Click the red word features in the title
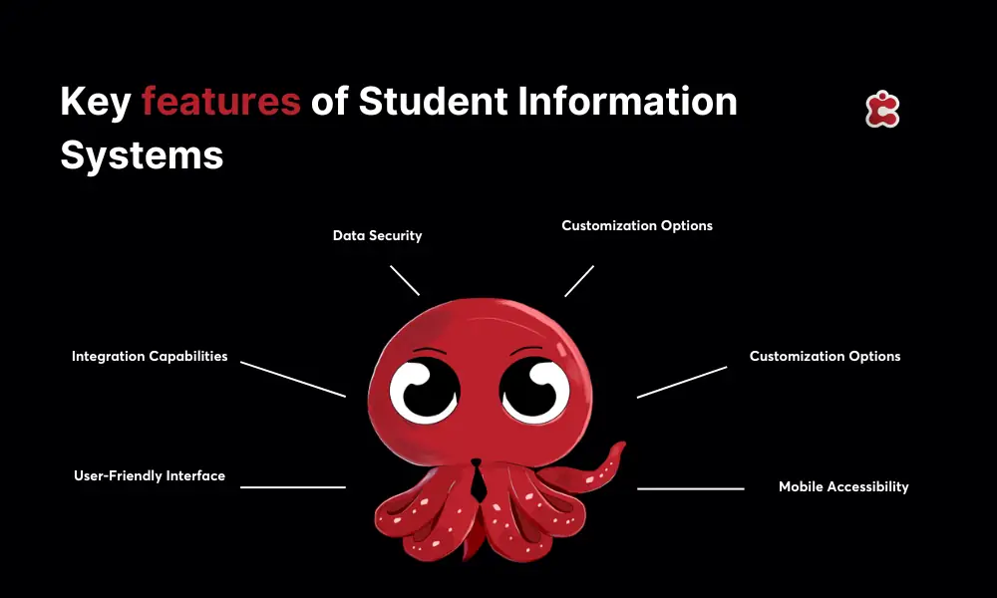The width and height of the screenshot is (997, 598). tap(220, 103)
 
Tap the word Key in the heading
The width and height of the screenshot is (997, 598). tap(95, 103)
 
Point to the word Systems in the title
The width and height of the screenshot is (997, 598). tap(142, 154)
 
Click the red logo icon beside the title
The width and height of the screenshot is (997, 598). tap(882, 110)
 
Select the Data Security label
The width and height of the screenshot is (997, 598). tap(377, 236)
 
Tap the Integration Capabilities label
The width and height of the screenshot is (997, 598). tap(150, 356)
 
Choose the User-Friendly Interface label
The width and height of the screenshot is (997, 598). tap(150, 475)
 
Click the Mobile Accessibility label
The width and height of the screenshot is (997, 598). tap(843, 486)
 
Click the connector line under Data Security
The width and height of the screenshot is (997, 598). tap(405, 280)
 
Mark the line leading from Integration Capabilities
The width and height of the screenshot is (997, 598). tap(293, 380)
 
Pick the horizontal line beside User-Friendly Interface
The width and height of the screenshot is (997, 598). tap(293, 487)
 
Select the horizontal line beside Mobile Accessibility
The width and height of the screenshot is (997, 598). tap(691, 488)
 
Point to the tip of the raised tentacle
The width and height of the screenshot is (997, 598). tap(619, 448)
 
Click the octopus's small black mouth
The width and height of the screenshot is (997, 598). tap(477, 463)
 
